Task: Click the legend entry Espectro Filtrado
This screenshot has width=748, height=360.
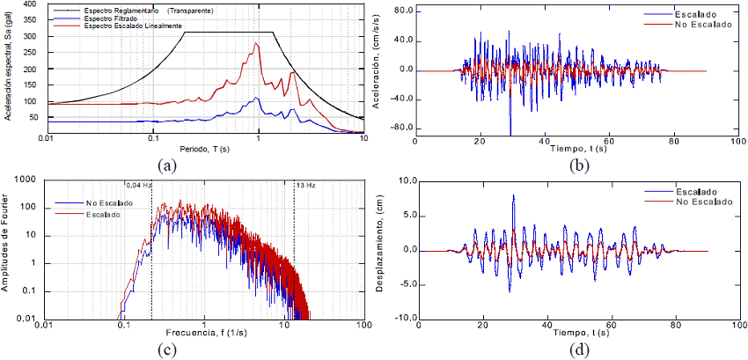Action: pyautogui.click(x=110, y=18)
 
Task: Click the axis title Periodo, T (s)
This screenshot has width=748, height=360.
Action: pyautogui.click(x=203, y=149)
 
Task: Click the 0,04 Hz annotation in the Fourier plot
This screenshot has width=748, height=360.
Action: pyautogui.click(x=139, y=186)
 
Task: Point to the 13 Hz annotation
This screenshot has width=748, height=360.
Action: pyautogui.click(x=304, y=186)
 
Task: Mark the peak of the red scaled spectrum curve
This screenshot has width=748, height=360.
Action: pyautogui.click(x=257, y=43)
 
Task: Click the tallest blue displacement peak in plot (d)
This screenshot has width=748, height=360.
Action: pyautogui.click(x=513, y=195)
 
